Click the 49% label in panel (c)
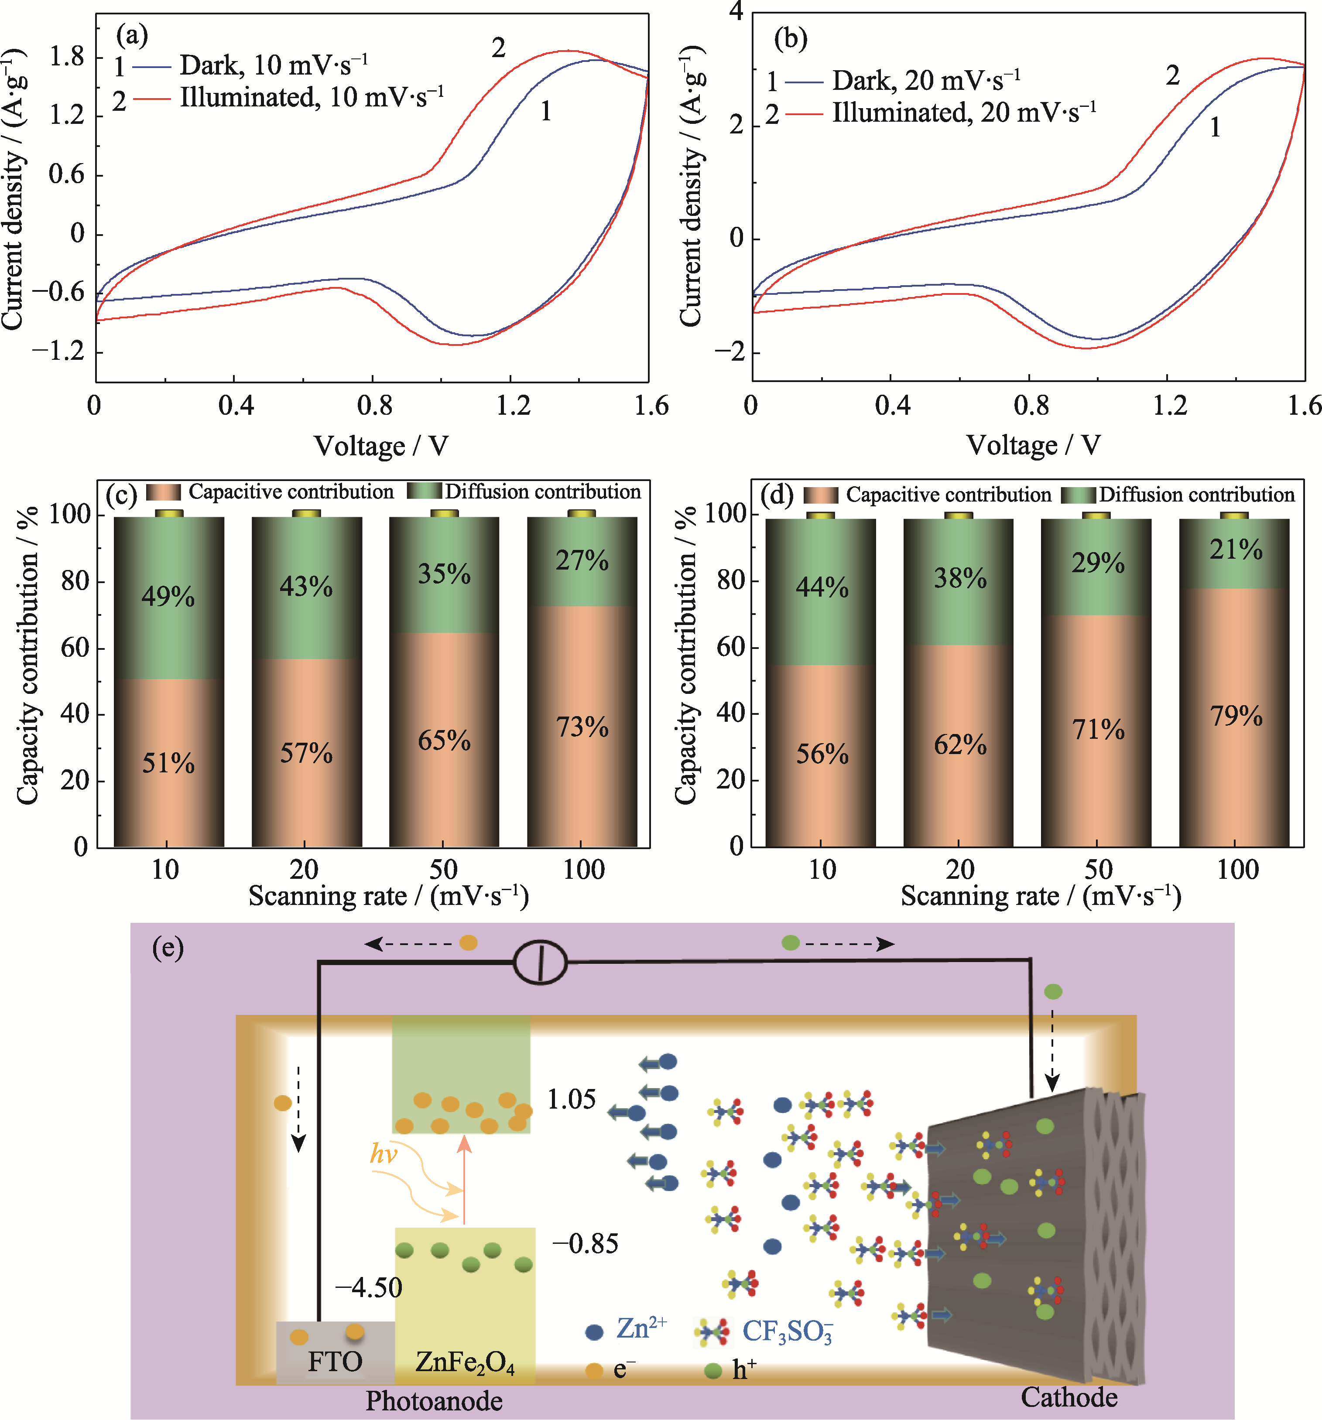coord(168,596)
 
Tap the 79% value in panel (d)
coord(1236,715)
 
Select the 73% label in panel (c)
coord(582,727)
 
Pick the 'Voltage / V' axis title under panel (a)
coord(381,446)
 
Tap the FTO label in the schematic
coord(335,1362)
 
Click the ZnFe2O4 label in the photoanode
coord(465,1362)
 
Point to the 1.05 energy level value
coord(571,1099)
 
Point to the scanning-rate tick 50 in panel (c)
coord(443,869)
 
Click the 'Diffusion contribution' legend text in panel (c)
coord(543,492)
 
